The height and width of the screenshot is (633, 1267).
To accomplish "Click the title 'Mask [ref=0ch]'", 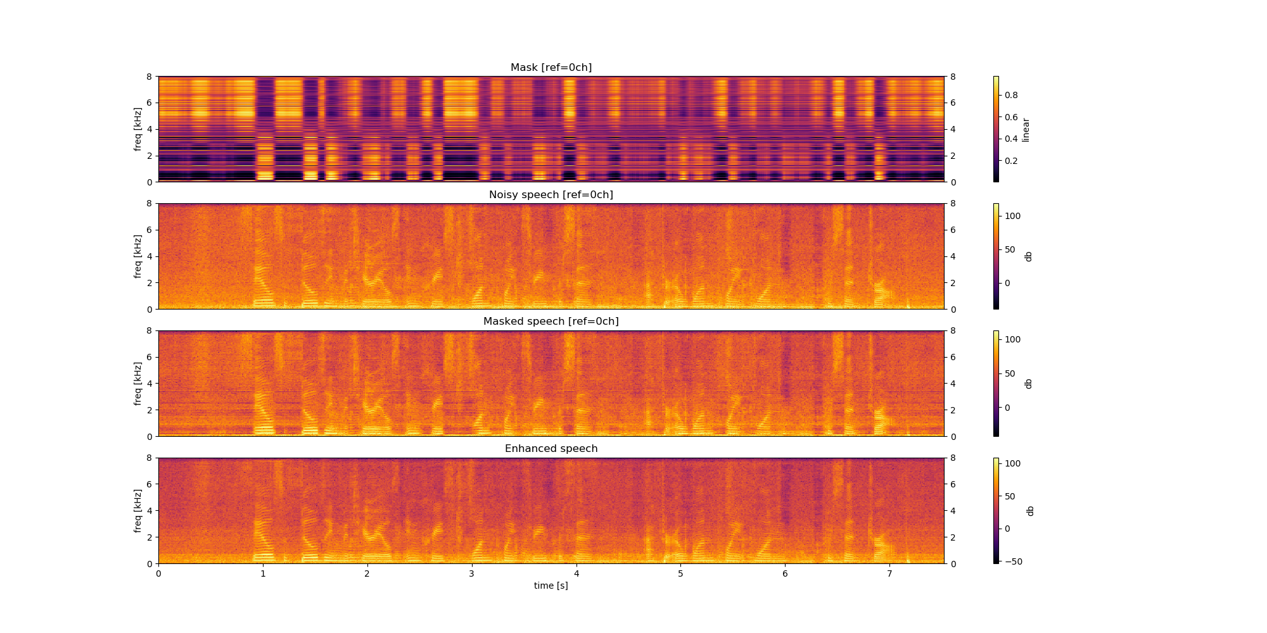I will (551, 68).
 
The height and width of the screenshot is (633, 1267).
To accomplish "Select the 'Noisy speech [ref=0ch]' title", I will (551, 195).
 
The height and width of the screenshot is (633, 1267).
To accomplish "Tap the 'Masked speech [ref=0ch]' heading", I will (551, 322).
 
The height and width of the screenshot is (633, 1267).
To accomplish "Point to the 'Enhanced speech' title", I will (551, 449).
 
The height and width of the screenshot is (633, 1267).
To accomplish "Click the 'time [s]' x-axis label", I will (551, 586).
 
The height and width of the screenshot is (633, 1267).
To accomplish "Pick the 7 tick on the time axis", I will (889, 573).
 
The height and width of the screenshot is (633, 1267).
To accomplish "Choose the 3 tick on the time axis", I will (471, 573).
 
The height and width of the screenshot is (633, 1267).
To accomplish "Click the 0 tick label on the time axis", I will (158, 573).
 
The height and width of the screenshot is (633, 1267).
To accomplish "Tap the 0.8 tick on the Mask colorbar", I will (1011, 96).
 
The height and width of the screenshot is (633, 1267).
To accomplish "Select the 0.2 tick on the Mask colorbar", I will (1011, 161).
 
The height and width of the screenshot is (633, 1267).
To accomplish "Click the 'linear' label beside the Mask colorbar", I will (1026, 130).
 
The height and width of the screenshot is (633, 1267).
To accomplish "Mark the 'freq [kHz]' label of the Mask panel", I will (137, 129).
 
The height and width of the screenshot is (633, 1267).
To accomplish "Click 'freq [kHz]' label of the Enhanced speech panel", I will (137, 511).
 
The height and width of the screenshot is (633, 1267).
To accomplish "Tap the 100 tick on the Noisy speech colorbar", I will (1012, 216).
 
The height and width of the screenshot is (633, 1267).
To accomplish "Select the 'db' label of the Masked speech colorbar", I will (1028, 384).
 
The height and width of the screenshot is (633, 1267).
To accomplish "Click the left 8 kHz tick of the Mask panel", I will (150, 77).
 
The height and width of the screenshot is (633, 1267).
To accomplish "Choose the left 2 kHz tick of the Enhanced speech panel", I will (150, 537).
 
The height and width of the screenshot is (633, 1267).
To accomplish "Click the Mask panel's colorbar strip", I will (996, 129).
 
